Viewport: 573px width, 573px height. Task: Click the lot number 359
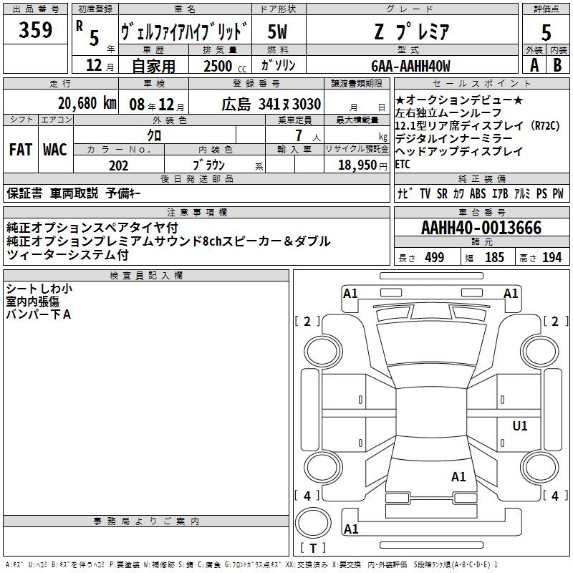coord(35,29)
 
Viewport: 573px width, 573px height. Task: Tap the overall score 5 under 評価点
coord(546,32)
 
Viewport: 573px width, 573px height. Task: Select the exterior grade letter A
coord(534,65)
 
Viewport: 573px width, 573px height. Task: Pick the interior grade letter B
coord(557,65)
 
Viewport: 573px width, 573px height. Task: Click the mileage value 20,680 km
coord(87,103)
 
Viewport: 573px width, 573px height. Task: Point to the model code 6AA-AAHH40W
coord(410,66)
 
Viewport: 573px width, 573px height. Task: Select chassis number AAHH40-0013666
coord(481,228)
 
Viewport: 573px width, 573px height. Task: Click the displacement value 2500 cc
coord(225,66)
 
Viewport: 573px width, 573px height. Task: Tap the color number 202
coord(119,165)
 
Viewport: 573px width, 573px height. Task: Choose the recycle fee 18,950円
coord(362,165)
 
